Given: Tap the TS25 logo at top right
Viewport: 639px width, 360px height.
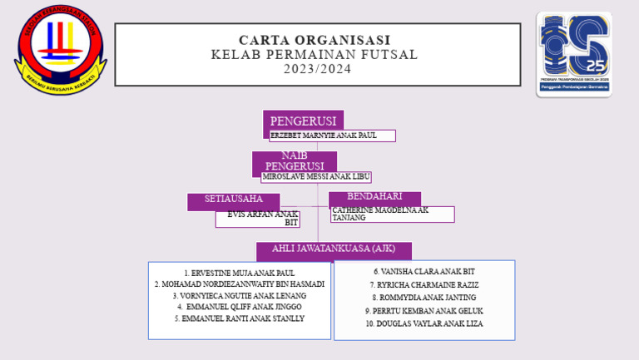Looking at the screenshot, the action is (x=573, y=53).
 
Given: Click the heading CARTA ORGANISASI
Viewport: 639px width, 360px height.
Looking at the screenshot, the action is (x=315, y=40).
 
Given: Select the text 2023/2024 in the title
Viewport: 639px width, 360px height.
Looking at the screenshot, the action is (x=317, y=69).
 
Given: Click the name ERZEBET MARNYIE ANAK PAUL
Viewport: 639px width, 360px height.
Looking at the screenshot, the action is (x=331, y=136).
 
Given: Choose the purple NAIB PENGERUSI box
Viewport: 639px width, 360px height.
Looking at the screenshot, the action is (x=295, y=161).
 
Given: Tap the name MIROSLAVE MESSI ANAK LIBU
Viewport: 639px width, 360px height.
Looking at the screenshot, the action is (x=315, y=177).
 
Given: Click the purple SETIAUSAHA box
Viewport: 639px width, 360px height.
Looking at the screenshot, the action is (x=234, y=200).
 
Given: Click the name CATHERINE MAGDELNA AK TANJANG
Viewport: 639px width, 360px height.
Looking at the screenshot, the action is (x=391, y=215).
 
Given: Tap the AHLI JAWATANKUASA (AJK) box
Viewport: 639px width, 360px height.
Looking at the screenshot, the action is (x=334, y=249).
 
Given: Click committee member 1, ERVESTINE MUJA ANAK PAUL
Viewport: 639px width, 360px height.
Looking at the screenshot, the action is (x=240, y=273).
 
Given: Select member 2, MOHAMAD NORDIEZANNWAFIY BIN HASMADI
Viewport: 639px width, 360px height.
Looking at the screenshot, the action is (x=240, y=284).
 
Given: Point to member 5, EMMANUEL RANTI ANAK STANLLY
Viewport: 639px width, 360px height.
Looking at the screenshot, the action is (x=240, y=318).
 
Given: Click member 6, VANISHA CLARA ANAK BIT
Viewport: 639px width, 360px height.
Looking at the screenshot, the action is (x=424, y=272).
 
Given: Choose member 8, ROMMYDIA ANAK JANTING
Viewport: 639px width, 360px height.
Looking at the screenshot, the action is (x=424, y=298).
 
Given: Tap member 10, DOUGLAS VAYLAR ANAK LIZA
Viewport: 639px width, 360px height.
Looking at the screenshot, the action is (x=424, y=323).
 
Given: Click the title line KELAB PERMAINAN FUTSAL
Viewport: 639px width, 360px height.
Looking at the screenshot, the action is (x=315, y=55).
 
